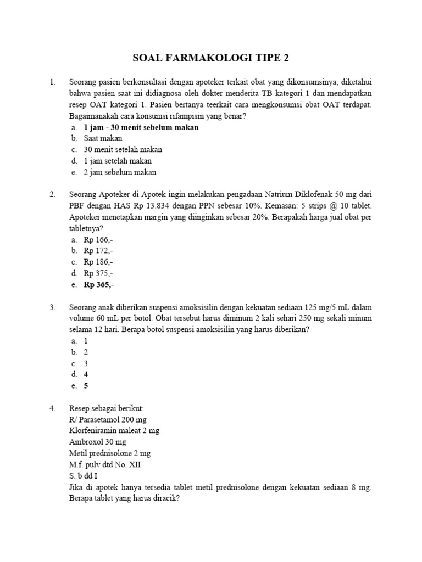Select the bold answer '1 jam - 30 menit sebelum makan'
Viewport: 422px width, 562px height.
tap(141, 127)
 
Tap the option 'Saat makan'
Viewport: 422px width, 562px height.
tap(103, 138)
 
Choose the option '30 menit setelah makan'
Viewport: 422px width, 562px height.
tap(123, 149)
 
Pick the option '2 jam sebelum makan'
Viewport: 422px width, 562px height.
tap(120, 172)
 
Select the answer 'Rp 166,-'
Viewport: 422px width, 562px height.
tap(98, 240)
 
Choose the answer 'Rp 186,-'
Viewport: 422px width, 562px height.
tap(98, 262)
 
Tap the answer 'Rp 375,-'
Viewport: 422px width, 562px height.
tap(98, 273)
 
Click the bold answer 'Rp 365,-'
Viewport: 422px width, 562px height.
tap(99, 285)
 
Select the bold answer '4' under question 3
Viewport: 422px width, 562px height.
tap(86, 374)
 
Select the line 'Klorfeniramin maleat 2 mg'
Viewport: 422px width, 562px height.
tap(114, 431)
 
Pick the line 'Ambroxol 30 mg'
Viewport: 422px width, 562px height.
tap(97, 442)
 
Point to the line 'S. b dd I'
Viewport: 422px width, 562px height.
tap(85, 476)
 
